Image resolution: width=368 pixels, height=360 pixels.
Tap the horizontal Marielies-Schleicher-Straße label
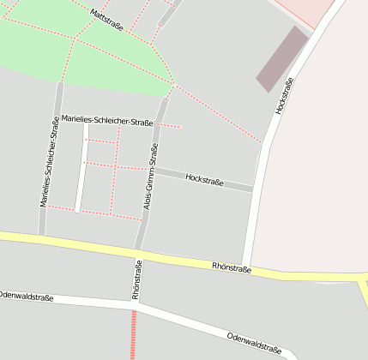[107, 121]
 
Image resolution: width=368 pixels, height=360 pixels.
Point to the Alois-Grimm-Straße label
[151, 176]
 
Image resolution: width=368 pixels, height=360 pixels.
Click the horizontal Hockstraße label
[204, 181]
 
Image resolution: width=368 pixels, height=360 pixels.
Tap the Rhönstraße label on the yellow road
[232, 268]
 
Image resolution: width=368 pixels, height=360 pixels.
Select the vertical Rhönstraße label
[136, 279]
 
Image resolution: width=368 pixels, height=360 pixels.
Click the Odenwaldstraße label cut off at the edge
[26, 297]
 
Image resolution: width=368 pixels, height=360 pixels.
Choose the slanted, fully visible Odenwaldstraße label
[254, 343]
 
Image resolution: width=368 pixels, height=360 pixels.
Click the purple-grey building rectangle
[282, 59]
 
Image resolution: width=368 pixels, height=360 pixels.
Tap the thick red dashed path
[133, 334]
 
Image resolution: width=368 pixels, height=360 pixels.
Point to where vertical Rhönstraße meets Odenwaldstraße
[136, 303]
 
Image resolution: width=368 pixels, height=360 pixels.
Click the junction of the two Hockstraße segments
[254, 188]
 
